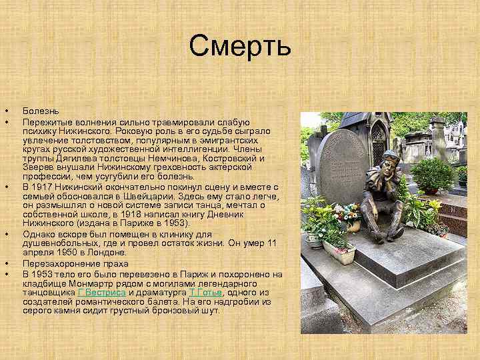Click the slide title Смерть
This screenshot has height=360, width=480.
point(240,47)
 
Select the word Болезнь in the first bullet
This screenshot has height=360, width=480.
point(41,110)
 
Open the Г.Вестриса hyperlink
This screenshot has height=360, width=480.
point(101,292)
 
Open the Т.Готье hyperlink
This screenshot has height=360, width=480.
point(205,292)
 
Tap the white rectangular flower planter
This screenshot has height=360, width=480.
point(339,252)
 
